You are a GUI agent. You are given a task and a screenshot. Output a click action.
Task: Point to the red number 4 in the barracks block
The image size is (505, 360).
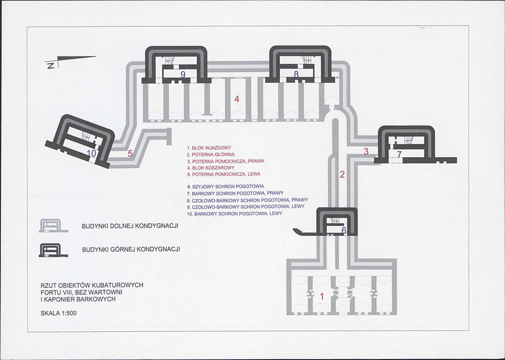[237, 99]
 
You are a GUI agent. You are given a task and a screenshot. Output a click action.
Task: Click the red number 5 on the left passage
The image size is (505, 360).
[130, 154]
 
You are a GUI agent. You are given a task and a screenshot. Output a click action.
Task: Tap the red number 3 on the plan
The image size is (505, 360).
[366, 151]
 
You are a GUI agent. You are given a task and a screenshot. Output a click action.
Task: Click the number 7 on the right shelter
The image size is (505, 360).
[399, 154]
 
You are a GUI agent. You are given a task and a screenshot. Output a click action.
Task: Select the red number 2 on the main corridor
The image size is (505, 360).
[342, 174]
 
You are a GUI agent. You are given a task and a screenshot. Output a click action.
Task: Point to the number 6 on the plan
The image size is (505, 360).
[344, 231]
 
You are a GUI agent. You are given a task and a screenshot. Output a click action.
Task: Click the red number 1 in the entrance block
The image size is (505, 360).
[322, 296]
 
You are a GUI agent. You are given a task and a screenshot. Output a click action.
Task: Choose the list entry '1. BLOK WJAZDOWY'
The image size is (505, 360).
[209, 148]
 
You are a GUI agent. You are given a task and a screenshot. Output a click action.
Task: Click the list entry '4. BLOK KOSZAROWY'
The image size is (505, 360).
[210, 167]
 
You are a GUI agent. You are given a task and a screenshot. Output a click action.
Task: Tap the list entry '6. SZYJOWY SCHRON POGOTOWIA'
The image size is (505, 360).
[226, 186]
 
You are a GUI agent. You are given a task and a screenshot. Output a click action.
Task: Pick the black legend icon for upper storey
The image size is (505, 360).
[53, 250]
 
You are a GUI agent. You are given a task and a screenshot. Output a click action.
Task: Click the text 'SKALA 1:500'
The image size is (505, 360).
[59, 313]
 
